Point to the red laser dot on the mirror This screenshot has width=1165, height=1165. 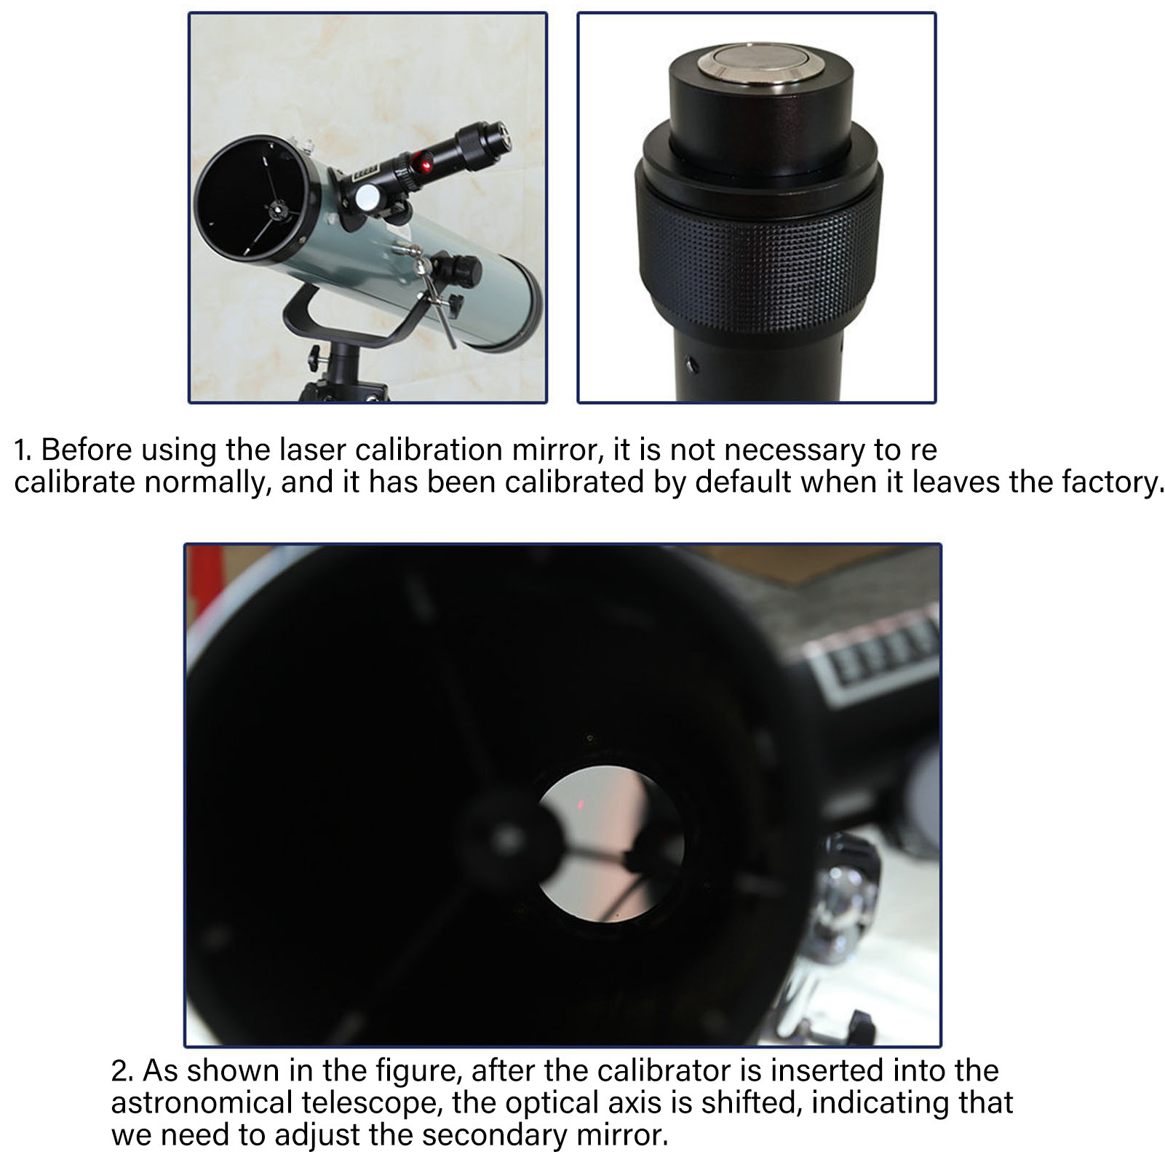coord(581,804)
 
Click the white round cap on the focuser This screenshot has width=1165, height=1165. coord(368,196)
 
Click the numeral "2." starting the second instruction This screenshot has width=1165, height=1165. coord(123,1070)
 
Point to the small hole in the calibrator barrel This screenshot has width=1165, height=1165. coord(691,362)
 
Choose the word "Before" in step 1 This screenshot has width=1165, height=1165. coord(87,450)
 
